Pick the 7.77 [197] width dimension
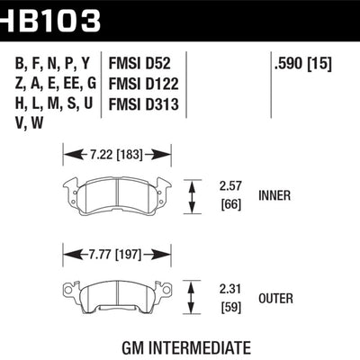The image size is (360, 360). point(115,253)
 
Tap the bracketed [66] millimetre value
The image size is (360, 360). point(231,204)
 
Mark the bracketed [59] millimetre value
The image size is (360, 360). point(230,305)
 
